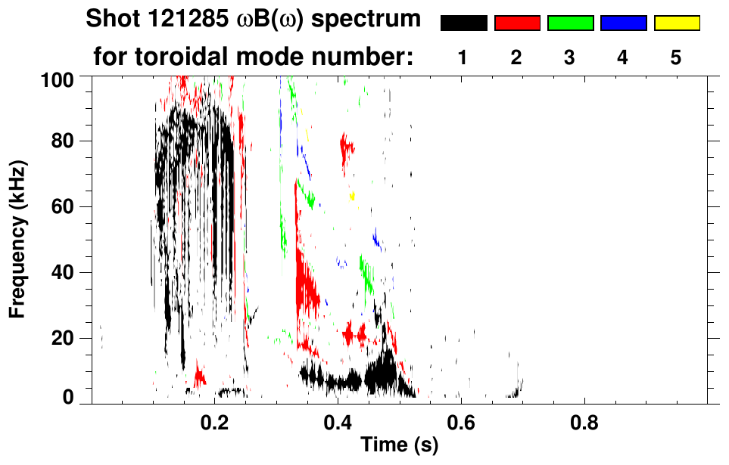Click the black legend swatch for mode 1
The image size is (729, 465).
coord(463,23)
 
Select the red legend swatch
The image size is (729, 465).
coord(517,23)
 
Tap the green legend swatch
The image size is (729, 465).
coord(570,23)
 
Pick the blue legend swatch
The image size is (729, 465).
coord(623,23)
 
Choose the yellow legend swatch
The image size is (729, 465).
coord(676,23)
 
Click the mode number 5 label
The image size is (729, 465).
coord(676,58)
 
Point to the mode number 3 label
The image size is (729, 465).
coord(570,58)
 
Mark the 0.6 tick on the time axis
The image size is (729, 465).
coord(460,420)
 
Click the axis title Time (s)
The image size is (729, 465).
coord(398,445)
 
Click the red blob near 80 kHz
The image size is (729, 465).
coord(347,147)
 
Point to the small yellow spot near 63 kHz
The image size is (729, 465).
coord(352,197)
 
